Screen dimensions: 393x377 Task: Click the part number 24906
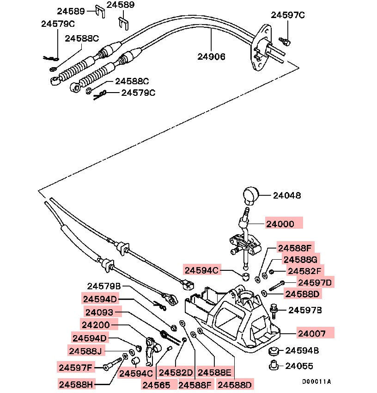coord(211,57)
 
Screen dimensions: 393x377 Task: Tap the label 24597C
coord(287,15)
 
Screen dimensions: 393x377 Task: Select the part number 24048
coord(286,196)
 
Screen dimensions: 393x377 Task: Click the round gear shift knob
coord(251,194)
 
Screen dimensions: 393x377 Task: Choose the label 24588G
coord(300,260)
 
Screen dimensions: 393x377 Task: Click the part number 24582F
coord(304,271)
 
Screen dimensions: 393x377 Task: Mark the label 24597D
coord(315,282)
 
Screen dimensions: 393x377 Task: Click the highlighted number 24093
coord(100,312)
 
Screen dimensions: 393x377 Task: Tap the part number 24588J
coord(86,351)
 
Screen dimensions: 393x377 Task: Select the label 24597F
coord(76,368)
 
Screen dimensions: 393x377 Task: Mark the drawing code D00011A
coord(317,382)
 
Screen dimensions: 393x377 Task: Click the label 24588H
coord(77,384)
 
